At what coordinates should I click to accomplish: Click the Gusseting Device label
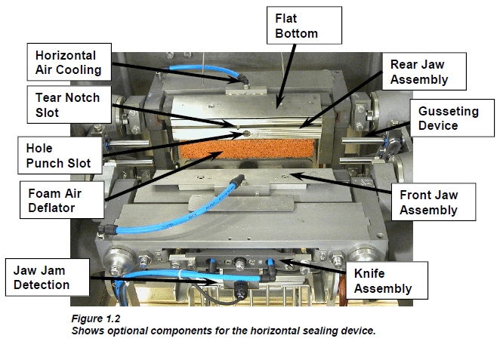[x=448, y=118]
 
